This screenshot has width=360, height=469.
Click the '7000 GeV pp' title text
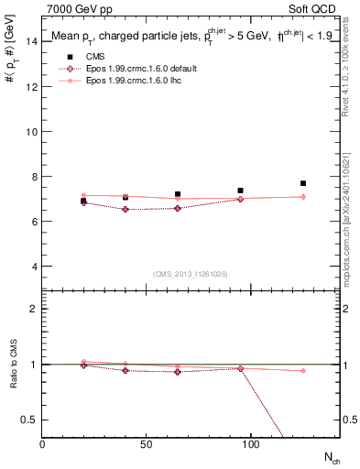coord(75,8)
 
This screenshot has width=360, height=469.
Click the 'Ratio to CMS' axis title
coord(12,364)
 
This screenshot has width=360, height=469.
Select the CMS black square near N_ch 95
coord(240,191)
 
